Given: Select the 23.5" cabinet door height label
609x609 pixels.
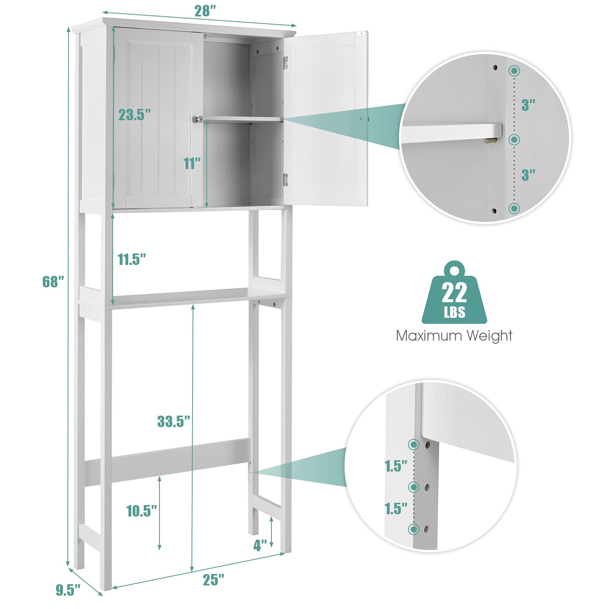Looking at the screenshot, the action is [x=135, y=114].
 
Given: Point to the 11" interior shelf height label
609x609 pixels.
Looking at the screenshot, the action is [x=192, y=164].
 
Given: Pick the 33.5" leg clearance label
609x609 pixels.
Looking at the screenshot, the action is [x=174, y=421].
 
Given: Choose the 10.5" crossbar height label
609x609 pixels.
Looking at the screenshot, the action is [x=142, y=511].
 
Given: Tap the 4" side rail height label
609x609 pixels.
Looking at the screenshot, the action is [x=261, y=545].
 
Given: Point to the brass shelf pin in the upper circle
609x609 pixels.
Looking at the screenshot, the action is [x=490, y=140].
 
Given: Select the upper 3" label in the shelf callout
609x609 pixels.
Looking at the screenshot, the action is [x=528, y=105].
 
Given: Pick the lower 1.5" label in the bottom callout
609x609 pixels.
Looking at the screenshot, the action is [x=396, y=509].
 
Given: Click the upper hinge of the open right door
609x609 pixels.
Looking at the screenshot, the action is [x=285, y=63].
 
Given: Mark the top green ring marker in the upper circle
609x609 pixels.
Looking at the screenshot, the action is [x=515, y=70].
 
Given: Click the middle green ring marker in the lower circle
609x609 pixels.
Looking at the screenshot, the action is [x=414, y=487].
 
